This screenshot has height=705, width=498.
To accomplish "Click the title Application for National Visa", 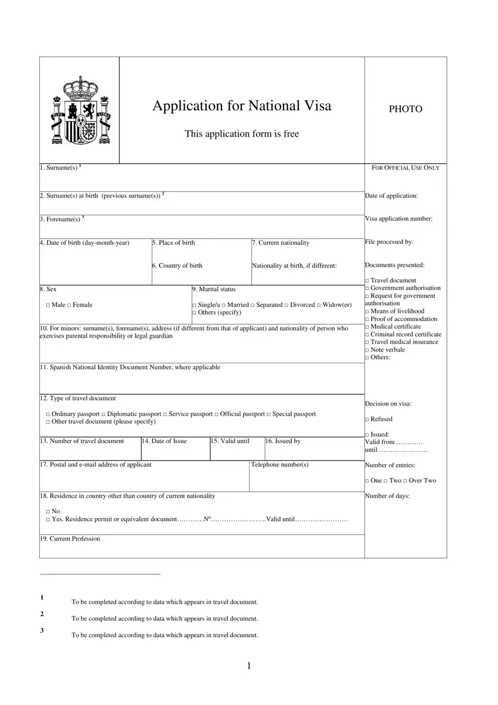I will point(241,106).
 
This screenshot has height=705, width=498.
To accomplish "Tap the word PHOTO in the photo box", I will point(405,109).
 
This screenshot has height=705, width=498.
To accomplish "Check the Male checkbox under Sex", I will point(47,305).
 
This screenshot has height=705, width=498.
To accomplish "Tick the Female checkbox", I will point(69,305).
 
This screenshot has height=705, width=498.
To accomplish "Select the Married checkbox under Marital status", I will point(224,305).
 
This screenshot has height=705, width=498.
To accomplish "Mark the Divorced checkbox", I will point(286,305).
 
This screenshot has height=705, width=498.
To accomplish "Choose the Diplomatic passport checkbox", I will point(103,414).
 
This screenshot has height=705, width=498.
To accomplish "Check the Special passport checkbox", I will point(269,414).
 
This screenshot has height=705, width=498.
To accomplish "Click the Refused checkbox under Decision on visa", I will point(367,420).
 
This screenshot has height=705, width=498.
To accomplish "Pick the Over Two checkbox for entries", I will point(405,481).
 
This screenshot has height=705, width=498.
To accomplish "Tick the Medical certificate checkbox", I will point(367,327).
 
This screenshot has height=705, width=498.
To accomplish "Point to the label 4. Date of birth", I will point(84,243).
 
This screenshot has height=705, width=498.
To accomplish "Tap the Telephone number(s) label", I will point(279,465).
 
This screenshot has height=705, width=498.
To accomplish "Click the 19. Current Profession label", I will point(70,539).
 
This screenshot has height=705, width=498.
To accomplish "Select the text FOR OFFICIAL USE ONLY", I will point(405,168).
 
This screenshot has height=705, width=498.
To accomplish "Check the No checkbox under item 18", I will point(47,512).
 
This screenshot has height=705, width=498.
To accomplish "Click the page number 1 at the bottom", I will point(249,666).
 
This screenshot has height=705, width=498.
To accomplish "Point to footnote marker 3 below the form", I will point(42,631).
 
